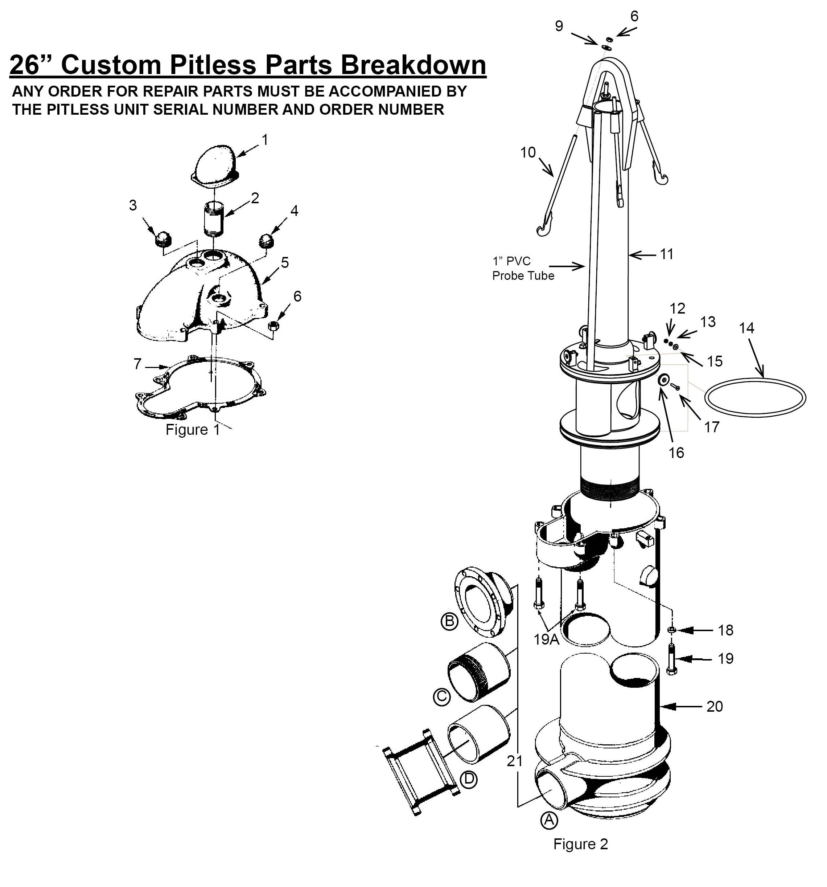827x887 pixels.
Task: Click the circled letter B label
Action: coord(449,621)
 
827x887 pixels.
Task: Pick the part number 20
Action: coord(715,706)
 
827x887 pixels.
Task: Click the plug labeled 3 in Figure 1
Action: coord(163,239)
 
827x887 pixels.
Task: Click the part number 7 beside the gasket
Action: coord(138,364)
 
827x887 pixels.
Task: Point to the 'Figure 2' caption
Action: coord(580,844)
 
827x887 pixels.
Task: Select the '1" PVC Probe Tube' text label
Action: coord(523,268)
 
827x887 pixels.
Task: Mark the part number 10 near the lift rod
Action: coord(528,152)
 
